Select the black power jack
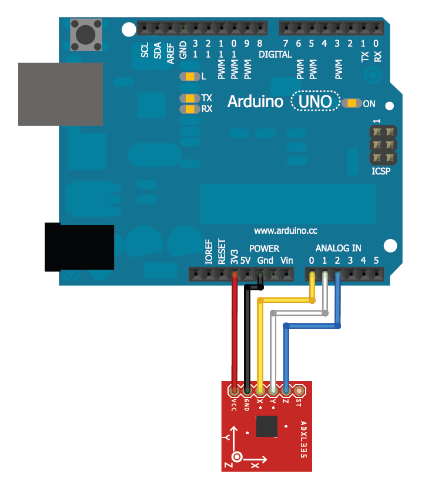79,247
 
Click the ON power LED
352,103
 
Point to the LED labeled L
189,77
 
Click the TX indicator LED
189,98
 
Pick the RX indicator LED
189,109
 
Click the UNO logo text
316,101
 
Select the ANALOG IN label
338,248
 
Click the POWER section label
264,248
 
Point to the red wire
235,336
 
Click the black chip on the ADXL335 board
267,426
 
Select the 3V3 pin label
235,255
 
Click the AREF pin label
170,52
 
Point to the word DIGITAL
275,54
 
